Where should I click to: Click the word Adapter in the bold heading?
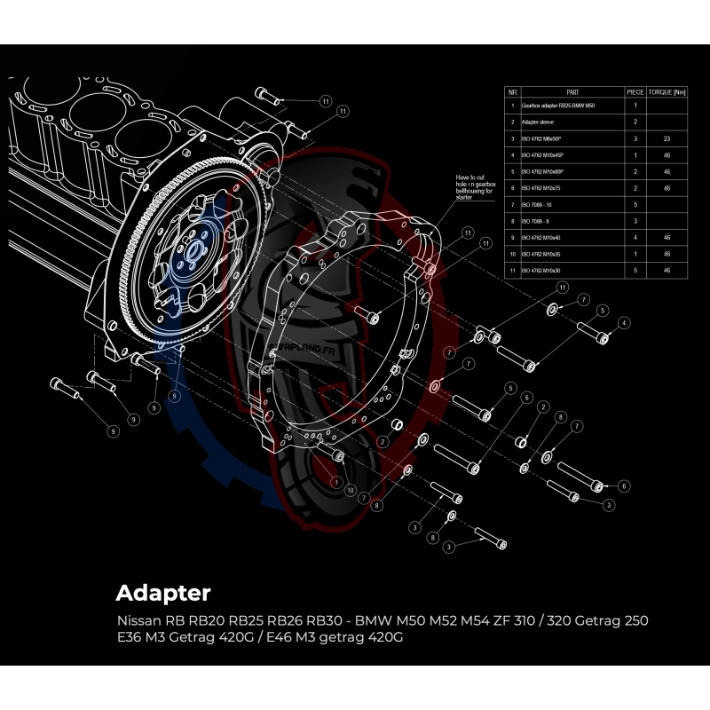point(163,592)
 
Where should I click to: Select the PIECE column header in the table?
point(635,91)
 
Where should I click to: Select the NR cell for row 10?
point(512,254)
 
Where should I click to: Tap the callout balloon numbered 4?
point(625,323)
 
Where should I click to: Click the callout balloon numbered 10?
point(351,490)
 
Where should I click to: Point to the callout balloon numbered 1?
point(336,480)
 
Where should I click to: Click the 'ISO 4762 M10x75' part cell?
point(542,188)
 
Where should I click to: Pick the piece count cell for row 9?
point(635,238)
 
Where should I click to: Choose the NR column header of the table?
point(512,91)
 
